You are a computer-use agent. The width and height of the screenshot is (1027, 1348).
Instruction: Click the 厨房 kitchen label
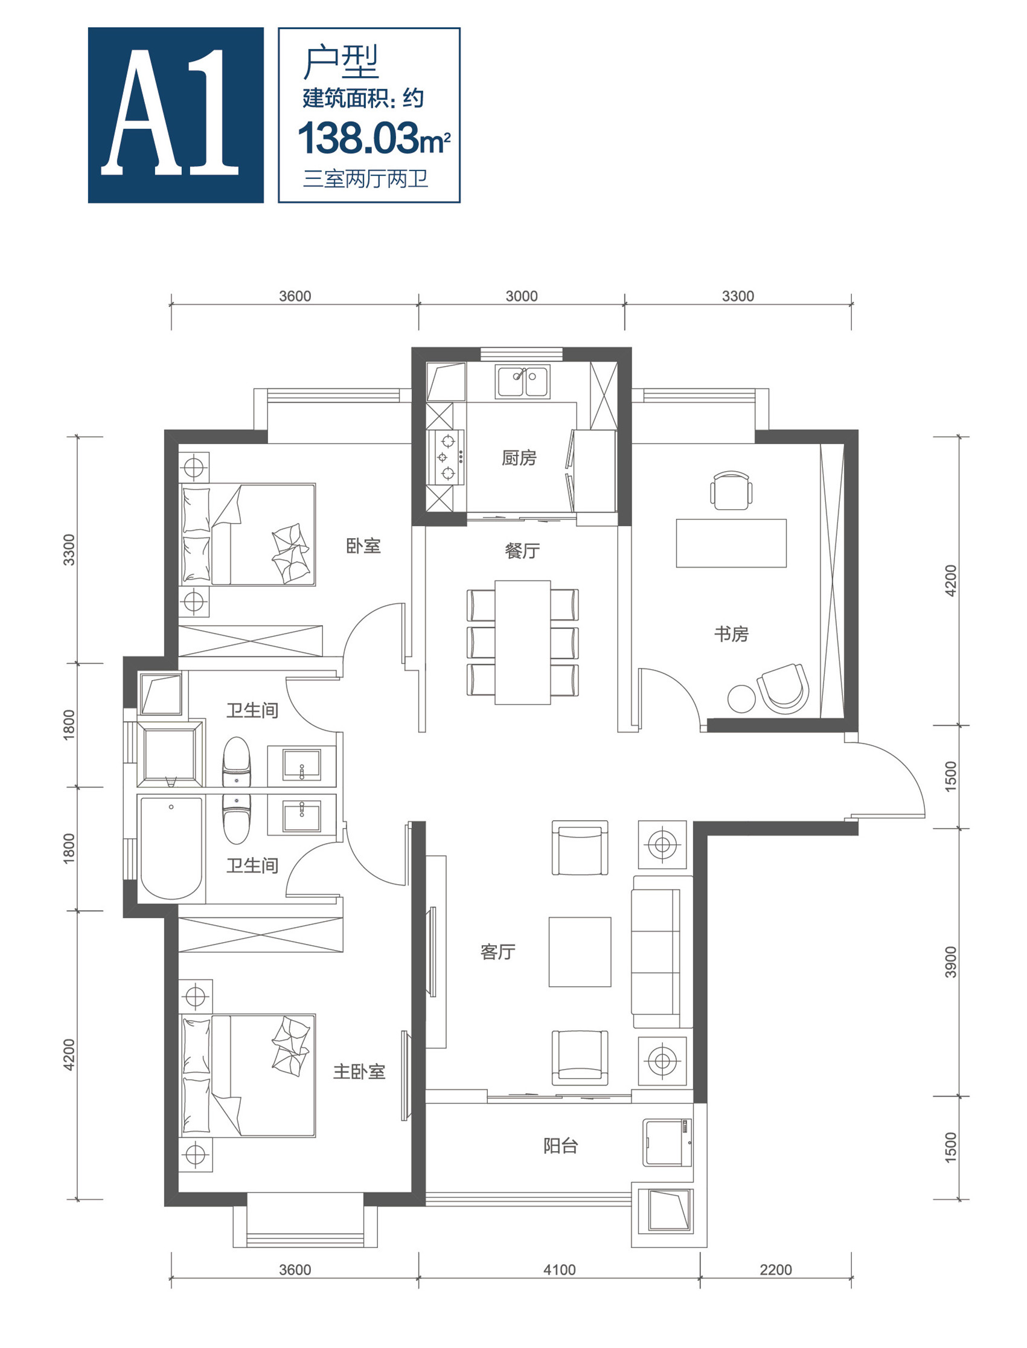click(x=519, y=457)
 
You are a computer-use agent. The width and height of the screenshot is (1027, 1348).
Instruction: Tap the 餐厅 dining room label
click(x=523, y=551)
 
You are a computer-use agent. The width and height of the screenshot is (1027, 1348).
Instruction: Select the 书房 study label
click(x=731, y=634)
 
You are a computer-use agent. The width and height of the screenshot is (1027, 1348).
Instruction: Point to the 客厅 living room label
click(x=498, y=952)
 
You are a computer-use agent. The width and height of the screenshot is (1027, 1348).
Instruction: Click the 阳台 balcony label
click(x=560, y=1146)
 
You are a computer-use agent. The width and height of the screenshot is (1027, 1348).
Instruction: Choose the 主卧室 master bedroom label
click(x=359, y=1071)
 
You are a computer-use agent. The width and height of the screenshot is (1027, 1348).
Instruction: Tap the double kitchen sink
click(x=523, y=382)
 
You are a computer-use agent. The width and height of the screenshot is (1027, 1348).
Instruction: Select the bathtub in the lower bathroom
click(x=171, y=848)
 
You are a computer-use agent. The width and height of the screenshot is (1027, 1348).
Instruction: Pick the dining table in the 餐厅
click(x=523, y=642)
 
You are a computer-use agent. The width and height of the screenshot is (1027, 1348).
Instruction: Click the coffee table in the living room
click(x=580, y=952)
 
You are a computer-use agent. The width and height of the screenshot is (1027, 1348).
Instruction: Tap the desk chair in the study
click(x=731, y=489)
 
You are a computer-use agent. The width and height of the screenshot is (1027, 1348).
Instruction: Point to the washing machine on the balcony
click(x=668, y=1143)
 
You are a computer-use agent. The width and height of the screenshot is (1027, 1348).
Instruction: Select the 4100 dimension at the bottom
click(x=559, y=1269)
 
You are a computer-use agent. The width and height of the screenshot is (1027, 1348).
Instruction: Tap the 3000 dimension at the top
click(x=522, y=296)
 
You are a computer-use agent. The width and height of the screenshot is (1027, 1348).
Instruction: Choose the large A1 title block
click(x=176, y=115)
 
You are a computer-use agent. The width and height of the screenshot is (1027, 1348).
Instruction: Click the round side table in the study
click(x=742, y=699)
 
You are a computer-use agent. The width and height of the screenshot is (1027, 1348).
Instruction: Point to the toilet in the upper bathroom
click(x=237, y=762)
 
